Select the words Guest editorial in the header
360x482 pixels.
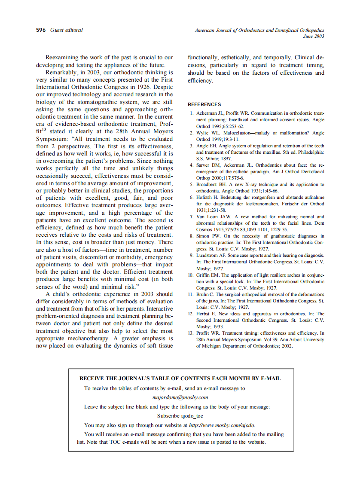66,30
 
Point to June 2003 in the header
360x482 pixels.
314,36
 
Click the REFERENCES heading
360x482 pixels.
204,104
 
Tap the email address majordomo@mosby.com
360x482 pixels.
180,397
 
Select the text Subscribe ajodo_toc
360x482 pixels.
180,416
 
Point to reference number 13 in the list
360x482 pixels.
191,333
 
